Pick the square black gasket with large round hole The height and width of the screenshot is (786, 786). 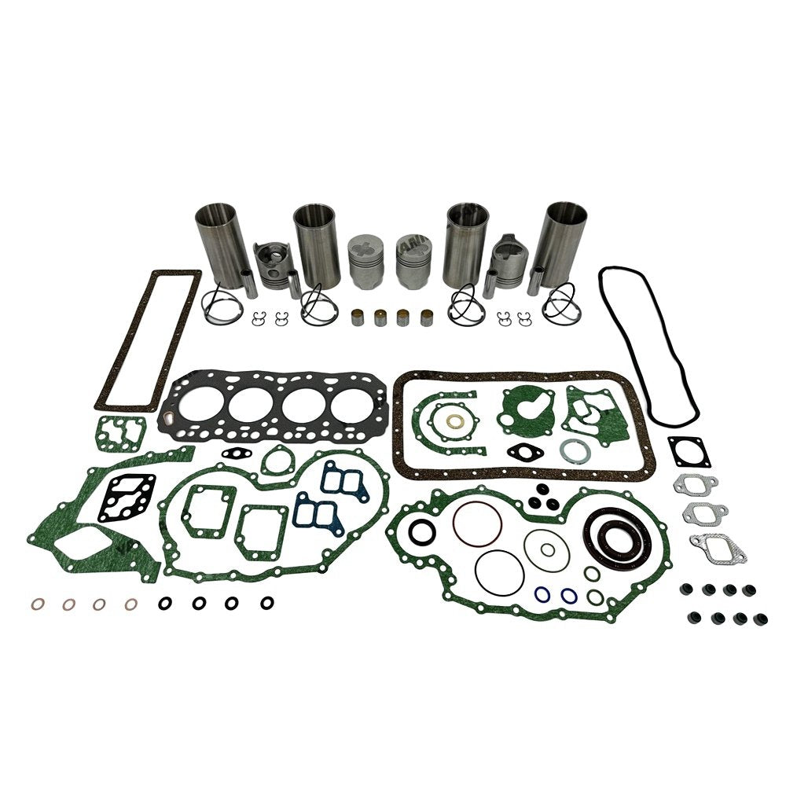pos(689,451)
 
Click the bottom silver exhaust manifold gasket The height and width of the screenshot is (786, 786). pos(717,545)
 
